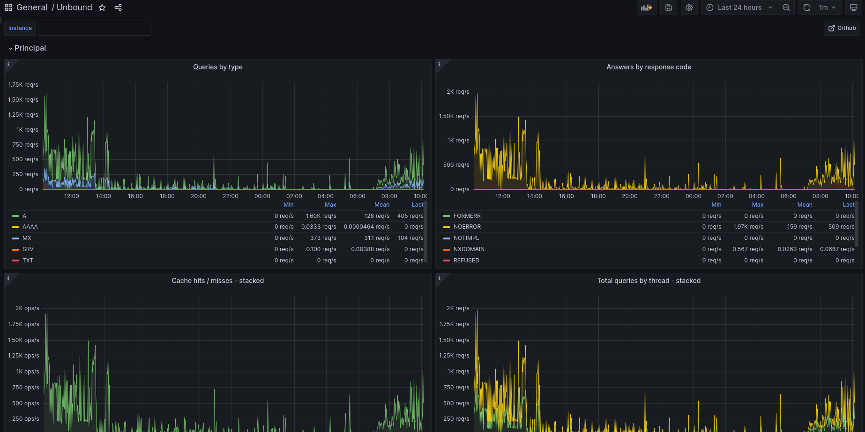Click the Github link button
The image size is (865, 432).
pyautogui.click(x=842, y=28)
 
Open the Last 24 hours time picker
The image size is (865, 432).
pyautogui.click(x=739, y=7)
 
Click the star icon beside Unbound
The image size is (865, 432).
pyautogui.click(x=102, y=7)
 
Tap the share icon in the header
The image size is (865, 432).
pyautogui.click(x=118, y=7)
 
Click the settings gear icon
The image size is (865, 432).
pyautogui.click(x=689, y=7)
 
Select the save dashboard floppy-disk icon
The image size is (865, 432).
pyautogui.click(x=669, y=7)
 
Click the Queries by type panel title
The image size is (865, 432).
pyautogui.click(x=218, y=67)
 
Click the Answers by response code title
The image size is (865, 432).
pyautogui.click(x=649, y=67)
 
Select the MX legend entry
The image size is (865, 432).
pyautogui.click(x=27, y=238)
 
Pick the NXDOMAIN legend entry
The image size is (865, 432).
pyautogui.click(x=469, y=249)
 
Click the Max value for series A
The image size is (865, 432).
pyautogui.click(x=321, y=216)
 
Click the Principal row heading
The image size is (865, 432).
pyautogui.click(x=30, y=48)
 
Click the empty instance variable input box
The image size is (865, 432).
pyautogui.click(x=94, y=28)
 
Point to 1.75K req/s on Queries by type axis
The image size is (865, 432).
pyautogui.click(x=23, y=85)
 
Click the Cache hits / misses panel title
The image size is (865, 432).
pyautogui.click(x=218, y=281)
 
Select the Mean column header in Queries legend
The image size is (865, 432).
pyautogui.click(x=382, y=205)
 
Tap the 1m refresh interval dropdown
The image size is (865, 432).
pyautogui.click(x=827, y=7)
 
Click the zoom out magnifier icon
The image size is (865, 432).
pyautogui.click(x=786, y=7)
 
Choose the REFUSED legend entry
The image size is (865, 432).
pyautogui.click(x=466, y=261)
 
